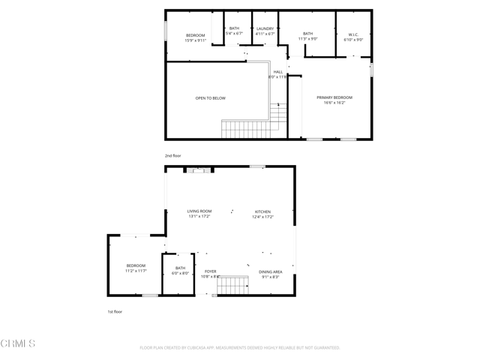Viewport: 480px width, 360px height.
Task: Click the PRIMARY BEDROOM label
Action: point(334,97)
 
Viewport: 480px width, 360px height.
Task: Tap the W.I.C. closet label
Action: point(353,33)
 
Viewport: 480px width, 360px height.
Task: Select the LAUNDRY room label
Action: point(265,28)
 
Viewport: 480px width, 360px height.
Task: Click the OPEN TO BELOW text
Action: point(210,98)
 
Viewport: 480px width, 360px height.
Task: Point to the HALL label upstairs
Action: point(277,72)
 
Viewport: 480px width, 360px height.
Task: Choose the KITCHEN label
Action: point(262,211)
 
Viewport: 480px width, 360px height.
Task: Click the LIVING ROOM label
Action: point(199,211)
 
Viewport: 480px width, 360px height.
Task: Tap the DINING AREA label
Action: point(270,271)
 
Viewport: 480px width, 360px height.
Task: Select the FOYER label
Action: point(210,271)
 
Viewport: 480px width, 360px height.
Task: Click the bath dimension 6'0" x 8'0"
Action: point(180,273)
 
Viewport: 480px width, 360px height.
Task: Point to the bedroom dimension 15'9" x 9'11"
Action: point(195,40)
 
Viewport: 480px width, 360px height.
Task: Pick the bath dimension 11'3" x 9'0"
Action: point(307,38)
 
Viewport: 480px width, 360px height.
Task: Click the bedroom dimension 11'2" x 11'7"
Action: point(136,271)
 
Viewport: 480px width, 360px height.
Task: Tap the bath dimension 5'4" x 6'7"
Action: point(234,34)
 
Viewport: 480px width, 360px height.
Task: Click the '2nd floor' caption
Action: point(173,155)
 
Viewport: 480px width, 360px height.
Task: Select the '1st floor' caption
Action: point(114,310)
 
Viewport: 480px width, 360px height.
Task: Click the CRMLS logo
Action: point(18,343)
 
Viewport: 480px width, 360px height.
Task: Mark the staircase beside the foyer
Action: point(233,286)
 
